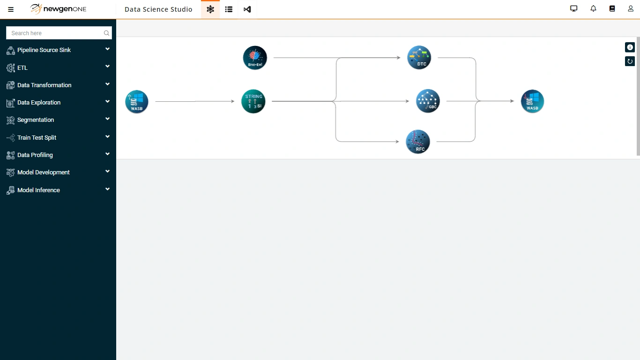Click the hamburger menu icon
(x=11, y=9)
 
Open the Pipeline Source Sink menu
(x=44, y=50)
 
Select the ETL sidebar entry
(x=22, y=68)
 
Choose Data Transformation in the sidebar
(x=45, y=85)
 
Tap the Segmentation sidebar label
(x=36, y=120)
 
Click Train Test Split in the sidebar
(x=37, y=137)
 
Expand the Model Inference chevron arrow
(x=107, y=189)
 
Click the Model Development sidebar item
(x=44, y=172)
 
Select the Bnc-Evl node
(x=255, y=58)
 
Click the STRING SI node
(x=253, y=102)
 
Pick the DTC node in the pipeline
(x=419, y=58)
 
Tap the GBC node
(x=428, y=101)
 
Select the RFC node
(x=418, y=142)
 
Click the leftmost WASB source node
(x=136, y=102)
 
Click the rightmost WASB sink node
(x=532, y=101)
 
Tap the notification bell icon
(x=593, y=9)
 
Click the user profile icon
(x=631, y=9)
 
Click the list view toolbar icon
(x=229, y=9)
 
